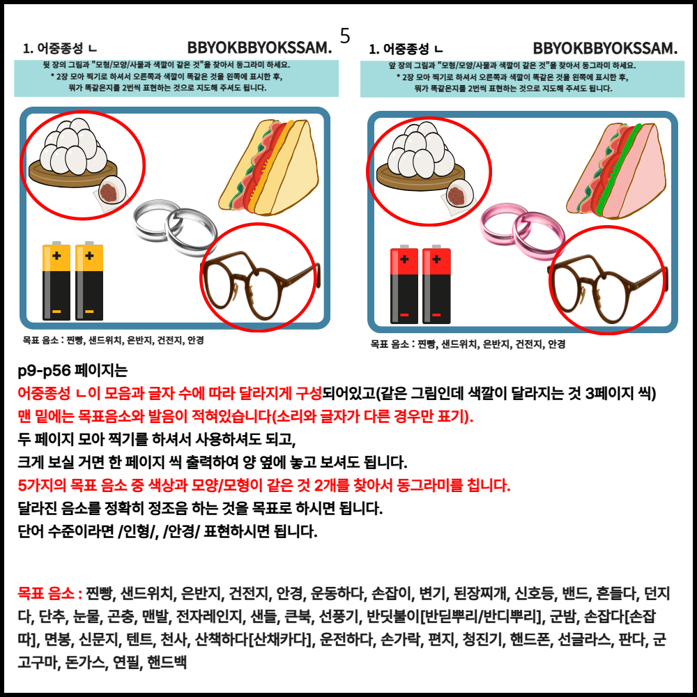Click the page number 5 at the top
[345, 36]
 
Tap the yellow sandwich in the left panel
[269, 167]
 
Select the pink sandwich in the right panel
[617, 171]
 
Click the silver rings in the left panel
[175, 228]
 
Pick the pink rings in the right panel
[522, 231]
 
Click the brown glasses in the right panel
[608, 287]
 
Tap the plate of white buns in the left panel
[73, 153]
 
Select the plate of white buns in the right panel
[421, 157]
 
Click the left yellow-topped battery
[56, 281]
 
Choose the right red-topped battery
[436, 284]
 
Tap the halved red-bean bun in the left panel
[111, 191]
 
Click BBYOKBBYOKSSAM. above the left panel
[259, 47]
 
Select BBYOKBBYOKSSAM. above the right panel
[606, 48]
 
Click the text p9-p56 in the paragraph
[43, 370]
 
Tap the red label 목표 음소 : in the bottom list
[49, 593]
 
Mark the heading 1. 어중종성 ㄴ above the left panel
[60, 48]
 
